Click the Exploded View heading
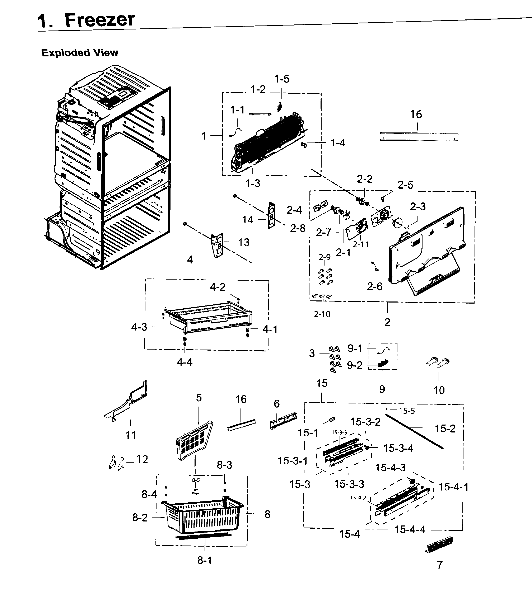[x=80, y=53]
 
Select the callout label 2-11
[x=360, y=244]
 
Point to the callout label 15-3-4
[x=398, y=448]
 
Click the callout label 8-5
[x=196, y=480]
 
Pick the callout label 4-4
[x=185, y=362]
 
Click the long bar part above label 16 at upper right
[x=419, y=137]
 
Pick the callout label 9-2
[x=355, y=365]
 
